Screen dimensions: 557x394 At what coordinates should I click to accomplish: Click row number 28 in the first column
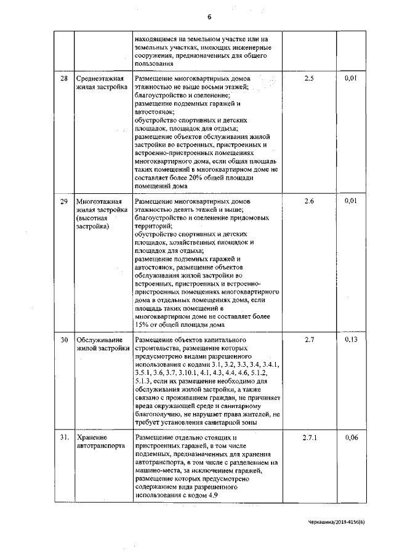(63, 79)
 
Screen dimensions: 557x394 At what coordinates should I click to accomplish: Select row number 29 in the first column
(63, 201)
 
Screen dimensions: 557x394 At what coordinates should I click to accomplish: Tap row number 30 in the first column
(63, 340)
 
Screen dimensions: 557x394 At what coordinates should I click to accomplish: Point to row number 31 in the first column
(64, 437)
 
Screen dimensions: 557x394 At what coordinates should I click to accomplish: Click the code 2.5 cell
(309, 79)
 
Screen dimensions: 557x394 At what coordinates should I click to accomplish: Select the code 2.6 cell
(309, 201)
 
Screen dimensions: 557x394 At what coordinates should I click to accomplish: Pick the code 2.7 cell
(309, 340)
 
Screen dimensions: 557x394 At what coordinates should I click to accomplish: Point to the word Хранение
(90, 437)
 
